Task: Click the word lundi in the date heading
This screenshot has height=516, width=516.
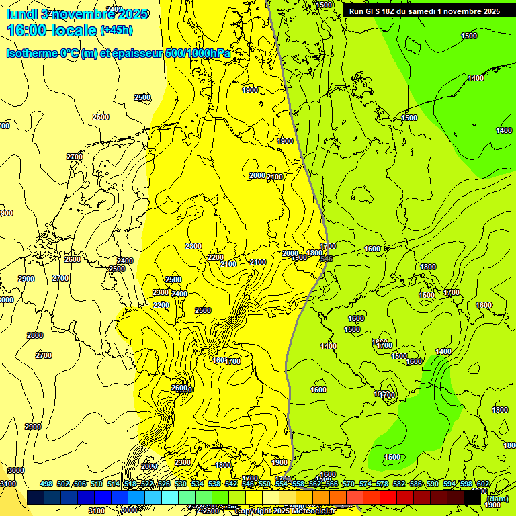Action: [x=21, y=14]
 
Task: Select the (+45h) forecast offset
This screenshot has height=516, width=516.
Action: [x=116, y=30]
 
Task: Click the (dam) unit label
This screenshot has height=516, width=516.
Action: [x=498, y=499]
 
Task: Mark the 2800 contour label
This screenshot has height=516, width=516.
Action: [x=35, y=335]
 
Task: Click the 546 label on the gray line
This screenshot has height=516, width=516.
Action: [x=327, y=259]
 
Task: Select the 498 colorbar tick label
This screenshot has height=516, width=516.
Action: [x=46, y=484]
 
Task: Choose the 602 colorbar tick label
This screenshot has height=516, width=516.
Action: [x=483, y=484]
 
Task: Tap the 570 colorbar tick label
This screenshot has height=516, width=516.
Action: [x=349, y=484]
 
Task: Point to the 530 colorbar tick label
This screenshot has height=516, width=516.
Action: [x=181, y=484]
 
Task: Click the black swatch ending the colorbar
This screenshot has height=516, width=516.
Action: [x=472, y=497]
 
